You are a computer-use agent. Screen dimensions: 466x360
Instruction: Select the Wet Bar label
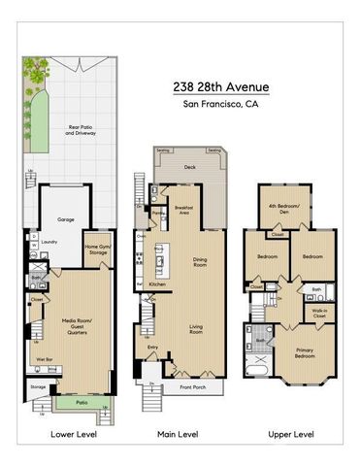45,358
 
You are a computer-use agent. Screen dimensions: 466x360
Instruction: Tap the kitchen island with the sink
161,260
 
